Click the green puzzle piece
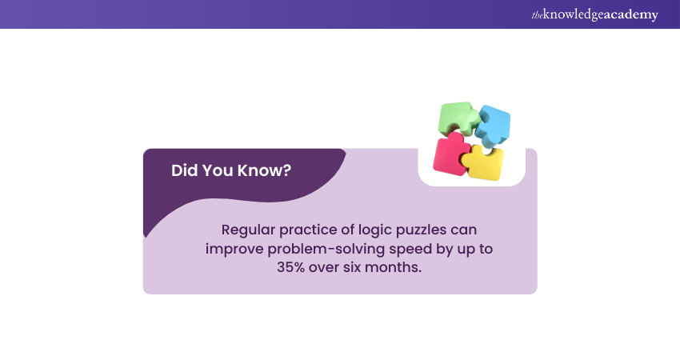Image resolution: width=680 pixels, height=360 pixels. coord(457,118)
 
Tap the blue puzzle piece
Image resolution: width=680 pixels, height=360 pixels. coord(493,124)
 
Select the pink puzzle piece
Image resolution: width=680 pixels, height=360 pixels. coord(450,154)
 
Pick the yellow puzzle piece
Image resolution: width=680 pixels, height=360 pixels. coord(486,163)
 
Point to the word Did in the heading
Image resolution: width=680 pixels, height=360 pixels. coord(185,170)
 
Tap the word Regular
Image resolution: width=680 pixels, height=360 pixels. coord(250,230)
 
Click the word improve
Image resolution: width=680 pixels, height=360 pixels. coord(233,248)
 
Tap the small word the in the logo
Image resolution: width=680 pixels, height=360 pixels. coord(537,14)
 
